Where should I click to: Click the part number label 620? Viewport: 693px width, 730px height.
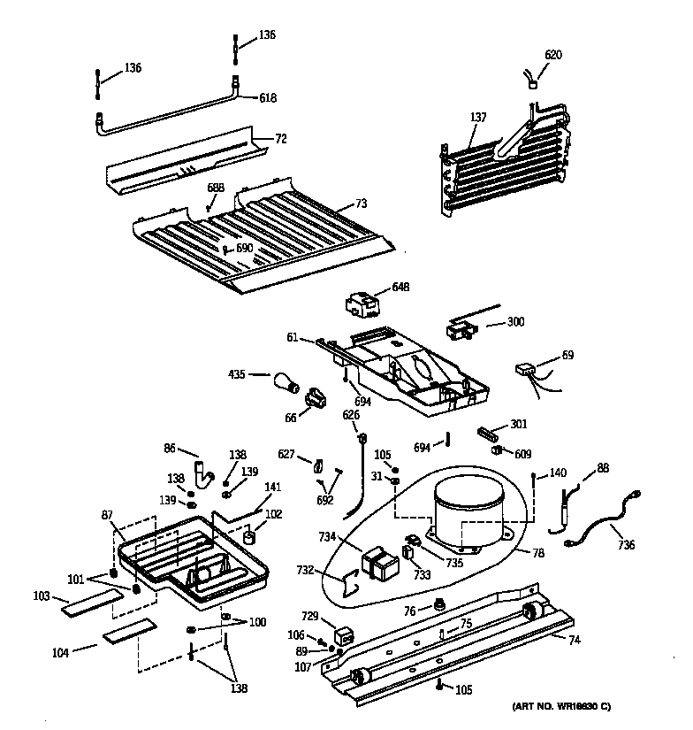point(552,55)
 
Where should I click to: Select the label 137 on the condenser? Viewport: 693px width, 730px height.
point(478,118)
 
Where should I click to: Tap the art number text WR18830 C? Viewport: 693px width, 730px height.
point(561,705)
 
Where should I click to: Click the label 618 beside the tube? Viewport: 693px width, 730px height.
point(269,99)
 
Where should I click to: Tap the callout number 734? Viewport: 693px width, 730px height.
point(328,537)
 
